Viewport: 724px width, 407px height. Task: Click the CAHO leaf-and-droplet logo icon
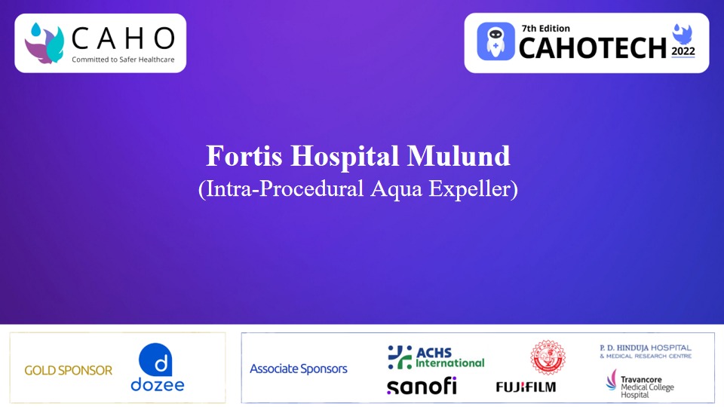click(44, 42)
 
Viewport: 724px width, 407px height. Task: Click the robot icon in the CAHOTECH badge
click(495, 42)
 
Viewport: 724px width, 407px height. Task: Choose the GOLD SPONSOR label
click(68, 370)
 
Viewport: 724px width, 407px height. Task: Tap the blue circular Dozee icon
click(156, 359)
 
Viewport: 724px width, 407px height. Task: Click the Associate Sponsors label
click(299, 369)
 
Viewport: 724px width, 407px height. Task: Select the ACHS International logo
click(436, 357)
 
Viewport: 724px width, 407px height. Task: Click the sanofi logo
click(422, 386)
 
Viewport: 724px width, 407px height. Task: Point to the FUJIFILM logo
click(526, 387)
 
